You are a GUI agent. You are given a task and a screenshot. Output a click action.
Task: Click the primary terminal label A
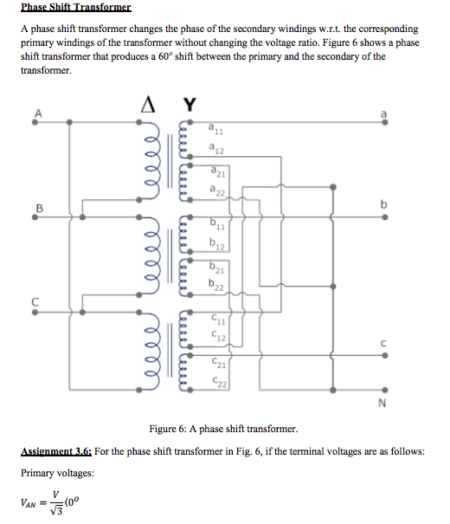click(x=36, y=110)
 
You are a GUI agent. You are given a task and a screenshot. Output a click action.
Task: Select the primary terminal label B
click(x=36, y=206)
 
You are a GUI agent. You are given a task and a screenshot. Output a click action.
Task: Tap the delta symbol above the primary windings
click(x=148, y=105)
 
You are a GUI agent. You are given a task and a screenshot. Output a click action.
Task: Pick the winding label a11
click(x=215, y=131)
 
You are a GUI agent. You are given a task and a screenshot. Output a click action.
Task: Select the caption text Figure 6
click(x=170, y=429)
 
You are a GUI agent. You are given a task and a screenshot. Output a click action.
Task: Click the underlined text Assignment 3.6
click(x=55, y=452)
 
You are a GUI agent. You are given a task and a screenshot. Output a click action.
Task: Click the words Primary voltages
click(x=57, y=474)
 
